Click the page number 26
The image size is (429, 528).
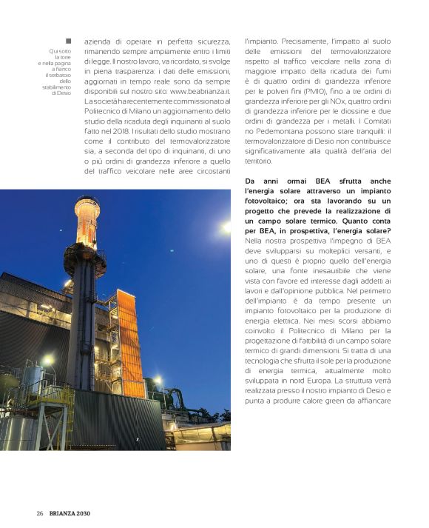pyautogui.click(x=40, y=513)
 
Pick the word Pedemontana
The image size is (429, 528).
pyautogui.click(x=281, y=130)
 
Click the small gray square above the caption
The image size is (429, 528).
pyautogui.click(x=68, y=41)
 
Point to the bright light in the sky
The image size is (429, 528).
pyautogui.click(x=224, y=228)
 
